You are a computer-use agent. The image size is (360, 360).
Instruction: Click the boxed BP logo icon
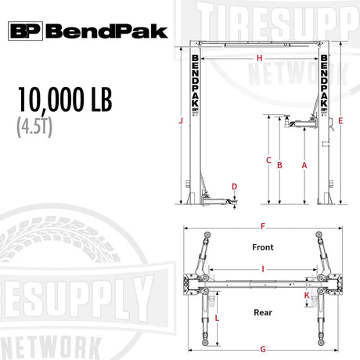[x=25, y=31]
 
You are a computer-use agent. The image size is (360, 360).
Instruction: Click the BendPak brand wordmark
[x=106, y=31]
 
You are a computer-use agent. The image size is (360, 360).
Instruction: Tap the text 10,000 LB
[x=65, y=99]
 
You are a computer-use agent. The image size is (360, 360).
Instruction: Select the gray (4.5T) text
[x=34, y=127]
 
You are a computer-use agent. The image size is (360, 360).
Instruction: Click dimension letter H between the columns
[x=259, y=58]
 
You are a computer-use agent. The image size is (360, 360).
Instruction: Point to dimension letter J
[x=181, y=121]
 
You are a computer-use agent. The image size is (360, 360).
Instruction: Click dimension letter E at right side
[x=340, y=121]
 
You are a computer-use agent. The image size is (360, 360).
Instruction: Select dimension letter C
[x=268, y=160]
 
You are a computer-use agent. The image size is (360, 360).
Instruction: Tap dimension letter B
[x=279, y=165]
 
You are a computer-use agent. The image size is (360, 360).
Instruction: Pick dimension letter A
[x=304, y=165]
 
